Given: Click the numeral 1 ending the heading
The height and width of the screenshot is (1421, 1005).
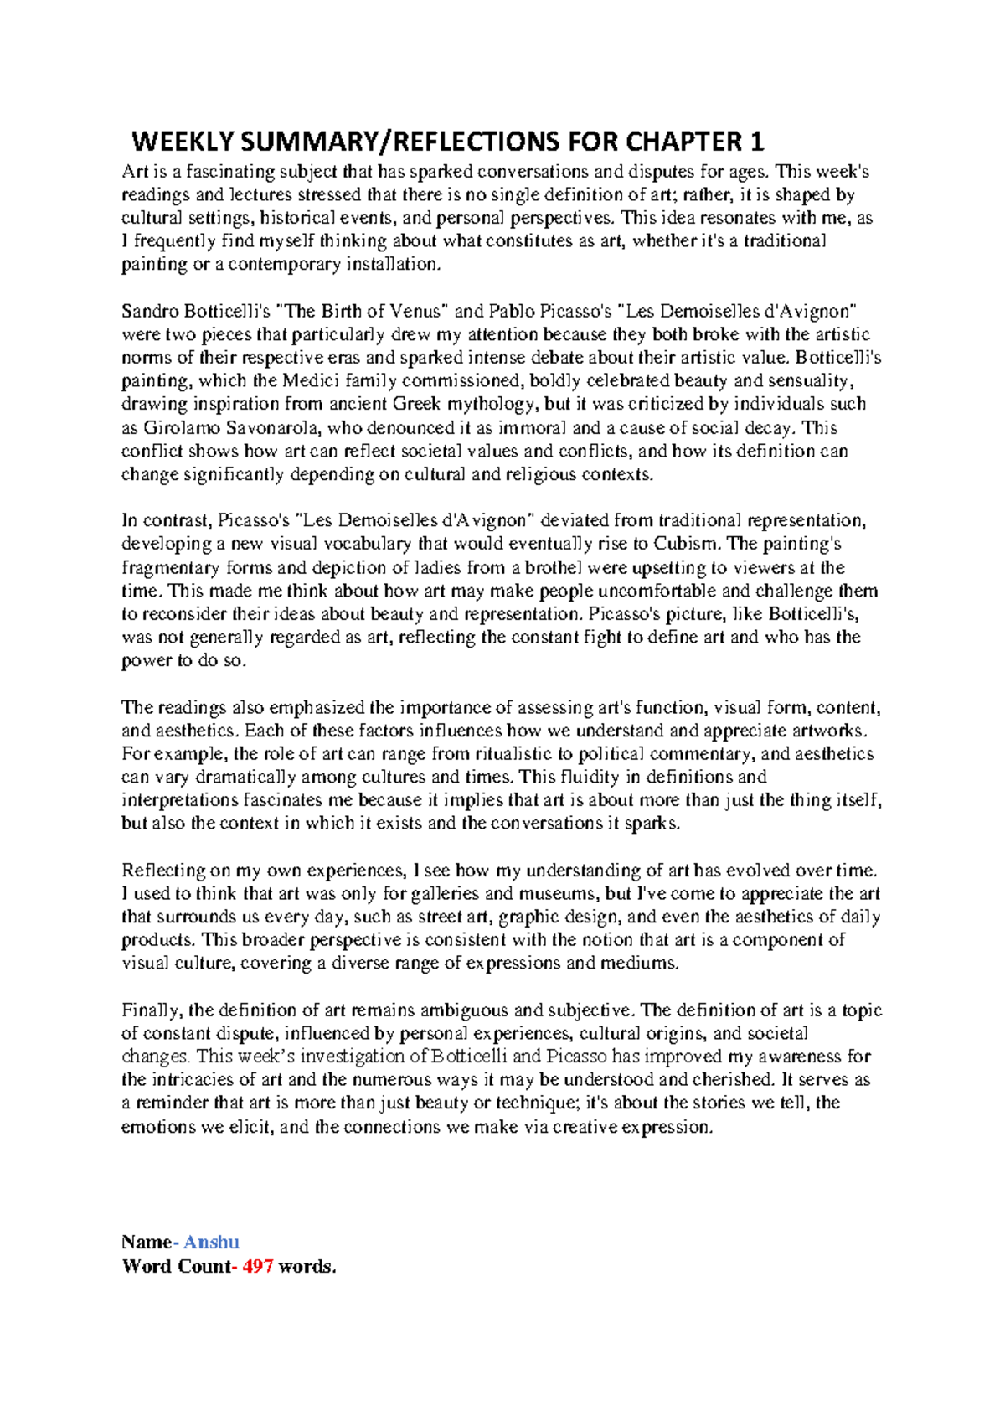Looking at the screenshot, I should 757,142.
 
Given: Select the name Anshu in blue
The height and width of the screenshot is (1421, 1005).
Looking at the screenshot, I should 211,1242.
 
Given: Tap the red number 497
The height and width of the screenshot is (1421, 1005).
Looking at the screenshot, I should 257,1266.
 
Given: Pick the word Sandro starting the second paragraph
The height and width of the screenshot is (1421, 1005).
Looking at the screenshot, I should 147,312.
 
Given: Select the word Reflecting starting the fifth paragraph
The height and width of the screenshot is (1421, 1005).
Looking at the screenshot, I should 160,871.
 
